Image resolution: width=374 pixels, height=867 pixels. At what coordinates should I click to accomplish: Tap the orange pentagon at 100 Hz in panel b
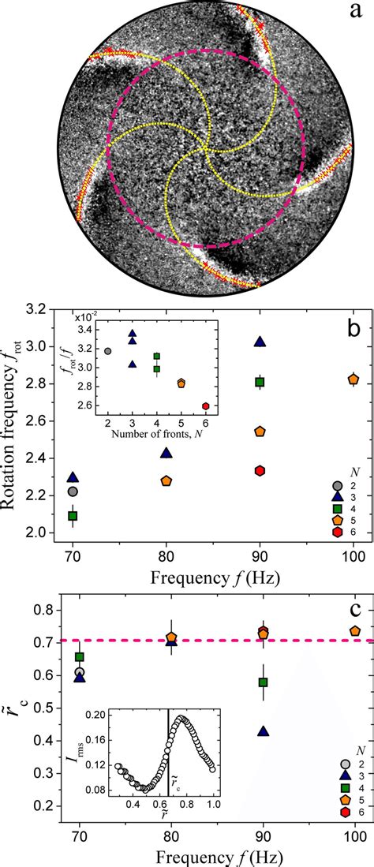click(354, 379)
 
